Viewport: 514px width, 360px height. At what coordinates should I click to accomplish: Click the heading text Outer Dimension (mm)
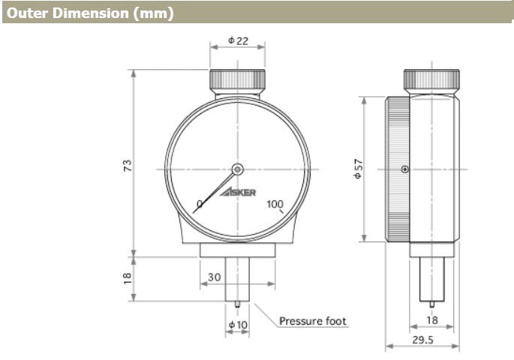[x=90, y=13]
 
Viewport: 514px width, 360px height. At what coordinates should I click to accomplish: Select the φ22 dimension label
[x=239, y=40]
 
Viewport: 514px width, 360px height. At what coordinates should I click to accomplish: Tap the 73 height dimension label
[x=128, y=166]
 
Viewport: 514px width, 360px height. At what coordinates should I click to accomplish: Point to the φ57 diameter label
[x=358, y=169]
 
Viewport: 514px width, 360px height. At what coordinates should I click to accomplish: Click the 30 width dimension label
[x=215, y=277]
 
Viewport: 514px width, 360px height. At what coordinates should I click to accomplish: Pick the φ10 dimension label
[x=238, y=325]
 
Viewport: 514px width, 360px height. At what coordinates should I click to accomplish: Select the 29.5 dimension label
[x=423, y=340]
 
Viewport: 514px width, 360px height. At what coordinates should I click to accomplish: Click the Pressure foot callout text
[x=313, y=321]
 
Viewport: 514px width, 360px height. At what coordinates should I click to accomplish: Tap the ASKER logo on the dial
[x=238, y=192]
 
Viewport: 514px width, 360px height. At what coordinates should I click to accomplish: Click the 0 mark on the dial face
[x=200, y=204]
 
